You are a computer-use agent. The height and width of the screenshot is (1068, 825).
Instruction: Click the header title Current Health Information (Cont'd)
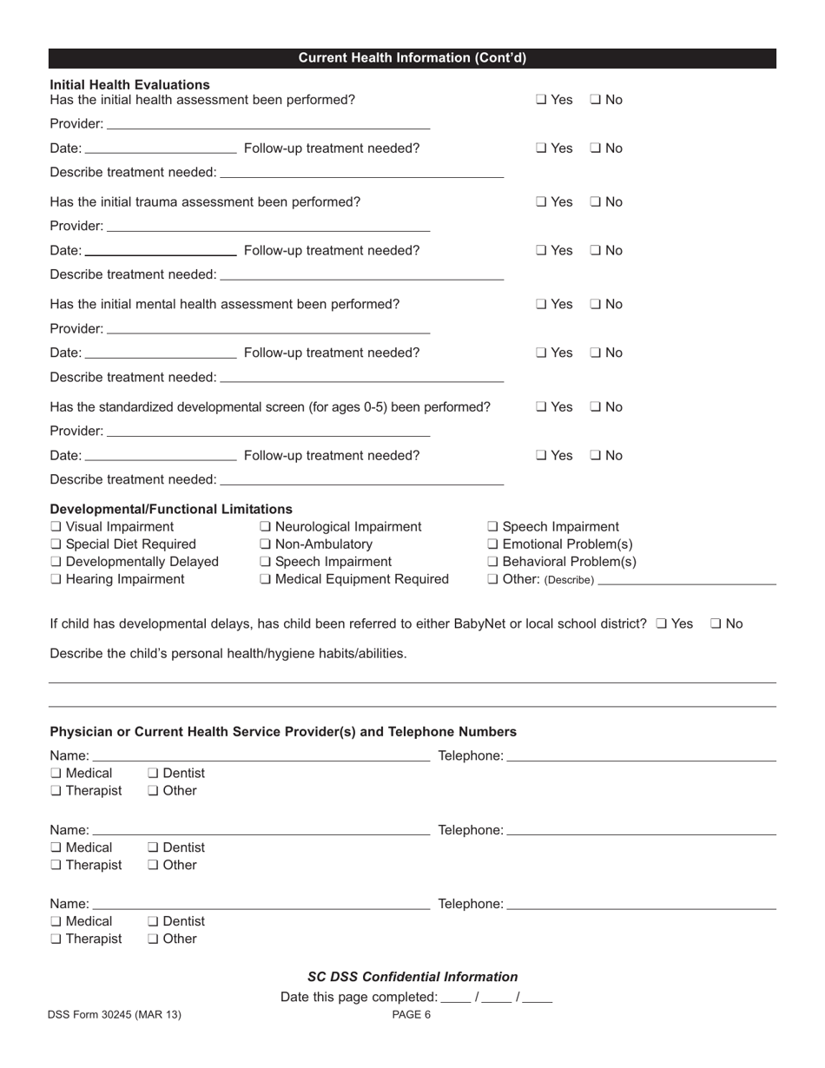(412, 58)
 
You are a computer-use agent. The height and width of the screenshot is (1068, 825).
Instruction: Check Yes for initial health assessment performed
(541, 100)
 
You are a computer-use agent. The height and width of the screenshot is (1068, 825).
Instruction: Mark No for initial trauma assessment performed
(595, 202)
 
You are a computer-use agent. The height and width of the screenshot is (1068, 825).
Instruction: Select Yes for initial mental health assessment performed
(541, 305)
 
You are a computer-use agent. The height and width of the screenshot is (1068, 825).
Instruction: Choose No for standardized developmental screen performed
(595, 407)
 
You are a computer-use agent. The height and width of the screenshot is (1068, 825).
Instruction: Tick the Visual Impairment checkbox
(56, 527)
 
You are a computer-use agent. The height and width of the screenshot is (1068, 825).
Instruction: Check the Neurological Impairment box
(265, 527)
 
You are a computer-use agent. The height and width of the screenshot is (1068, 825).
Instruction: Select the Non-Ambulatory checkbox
(265, 544)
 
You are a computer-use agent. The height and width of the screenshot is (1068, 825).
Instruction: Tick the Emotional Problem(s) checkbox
(493, 544)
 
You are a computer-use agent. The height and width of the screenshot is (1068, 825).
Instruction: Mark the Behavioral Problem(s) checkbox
(493, 562)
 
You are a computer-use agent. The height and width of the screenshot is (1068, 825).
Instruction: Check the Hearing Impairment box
(56, 579)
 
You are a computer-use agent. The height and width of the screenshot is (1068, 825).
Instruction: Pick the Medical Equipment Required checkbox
(265, 579)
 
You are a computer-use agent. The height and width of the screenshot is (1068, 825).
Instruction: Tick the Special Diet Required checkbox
(56, 544)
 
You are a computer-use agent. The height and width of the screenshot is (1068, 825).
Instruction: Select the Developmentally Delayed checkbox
(56, 562)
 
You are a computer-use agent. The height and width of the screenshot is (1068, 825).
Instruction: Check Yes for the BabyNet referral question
(662, 623)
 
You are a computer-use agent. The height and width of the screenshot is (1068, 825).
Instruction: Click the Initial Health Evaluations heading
(129, 84)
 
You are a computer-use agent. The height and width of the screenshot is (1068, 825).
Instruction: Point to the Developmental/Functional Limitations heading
(171, 509)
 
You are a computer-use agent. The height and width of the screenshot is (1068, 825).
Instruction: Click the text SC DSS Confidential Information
(412, 977)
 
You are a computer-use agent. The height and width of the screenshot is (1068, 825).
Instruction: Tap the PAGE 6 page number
(412, 1014)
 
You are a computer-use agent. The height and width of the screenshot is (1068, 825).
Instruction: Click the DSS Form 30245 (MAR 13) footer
(115, 1014)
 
